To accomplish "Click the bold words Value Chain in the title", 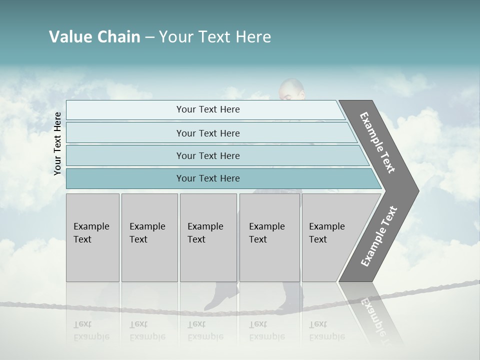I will point(94,37).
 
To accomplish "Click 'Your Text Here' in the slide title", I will point(215,37).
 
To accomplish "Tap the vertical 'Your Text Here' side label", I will point(57,143).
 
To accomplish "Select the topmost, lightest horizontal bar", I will point(205,109).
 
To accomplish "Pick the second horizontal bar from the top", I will point(210,133).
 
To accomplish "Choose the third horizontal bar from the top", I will point(215,155).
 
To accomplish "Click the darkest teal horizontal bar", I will point(220,178).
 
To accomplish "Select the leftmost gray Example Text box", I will point(92,237).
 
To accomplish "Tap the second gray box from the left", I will point(149,237).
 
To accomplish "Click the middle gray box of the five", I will point(208,237).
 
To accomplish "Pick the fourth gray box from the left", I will point(269,237).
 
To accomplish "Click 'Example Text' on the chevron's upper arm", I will point(377,142).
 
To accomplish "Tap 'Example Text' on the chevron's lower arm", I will point(379,236).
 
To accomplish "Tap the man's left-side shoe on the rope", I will point(221,297).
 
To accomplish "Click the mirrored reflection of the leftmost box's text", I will point(91,331).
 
